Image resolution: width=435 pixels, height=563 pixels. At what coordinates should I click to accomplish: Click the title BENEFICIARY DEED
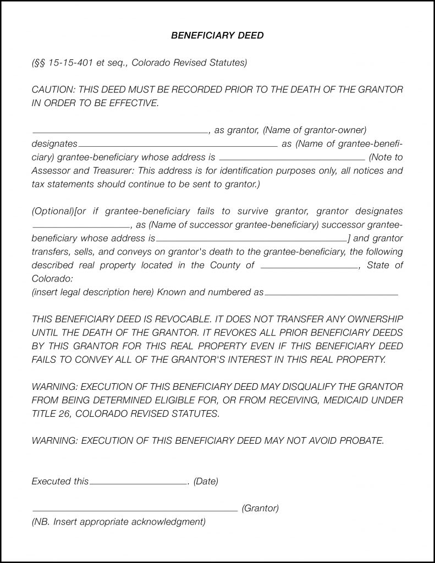pos(217,36)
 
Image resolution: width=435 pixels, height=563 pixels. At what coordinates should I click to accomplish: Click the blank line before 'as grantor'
pos(120,133)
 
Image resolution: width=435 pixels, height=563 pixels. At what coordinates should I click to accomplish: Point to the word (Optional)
pos(52,212)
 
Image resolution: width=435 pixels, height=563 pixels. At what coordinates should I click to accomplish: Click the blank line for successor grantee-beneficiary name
pos(81,227)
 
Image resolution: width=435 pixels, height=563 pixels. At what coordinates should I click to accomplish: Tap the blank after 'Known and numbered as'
pos(331,295)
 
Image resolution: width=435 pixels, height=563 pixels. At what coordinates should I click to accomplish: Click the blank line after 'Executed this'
pos(138,484)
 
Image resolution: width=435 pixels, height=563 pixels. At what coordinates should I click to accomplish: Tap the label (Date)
pos(206,482)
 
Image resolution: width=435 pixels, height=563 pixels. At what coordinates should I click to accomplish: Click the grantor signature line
pos(135,511)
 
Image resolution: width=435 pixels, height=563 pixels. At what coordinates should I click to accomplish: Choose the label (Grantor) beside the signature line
pos(260,509)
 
